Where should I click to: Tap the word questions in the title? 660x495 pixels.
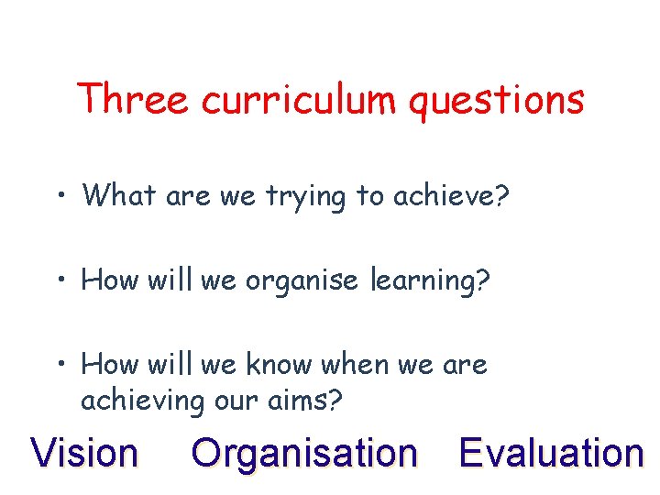point(496,101)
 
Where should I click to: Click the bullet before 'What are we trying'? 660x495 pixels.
point(59,194)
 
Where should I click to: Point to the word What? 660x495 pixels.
point(119,194)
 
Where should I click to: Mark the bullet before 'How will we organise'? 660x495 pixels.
point(59,280)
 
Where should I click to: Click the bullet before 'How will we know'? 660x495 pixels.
point(59,365)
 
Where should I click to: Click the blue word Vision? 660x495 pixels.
point(84,453)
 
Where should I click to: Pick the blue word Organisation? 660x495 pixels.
point(303,453)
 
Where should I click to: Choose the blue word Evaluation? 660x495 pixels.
point(551,453)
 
